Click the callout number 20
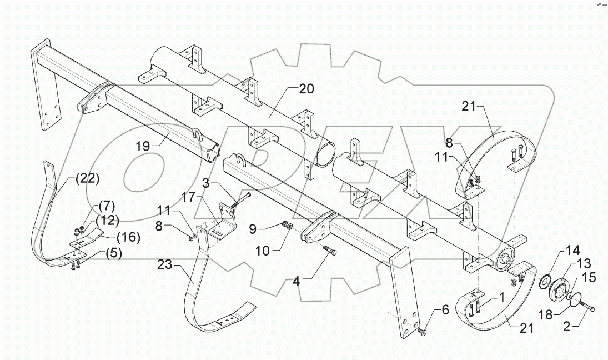click(306, 88)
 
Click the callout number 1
click(500, 297)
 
